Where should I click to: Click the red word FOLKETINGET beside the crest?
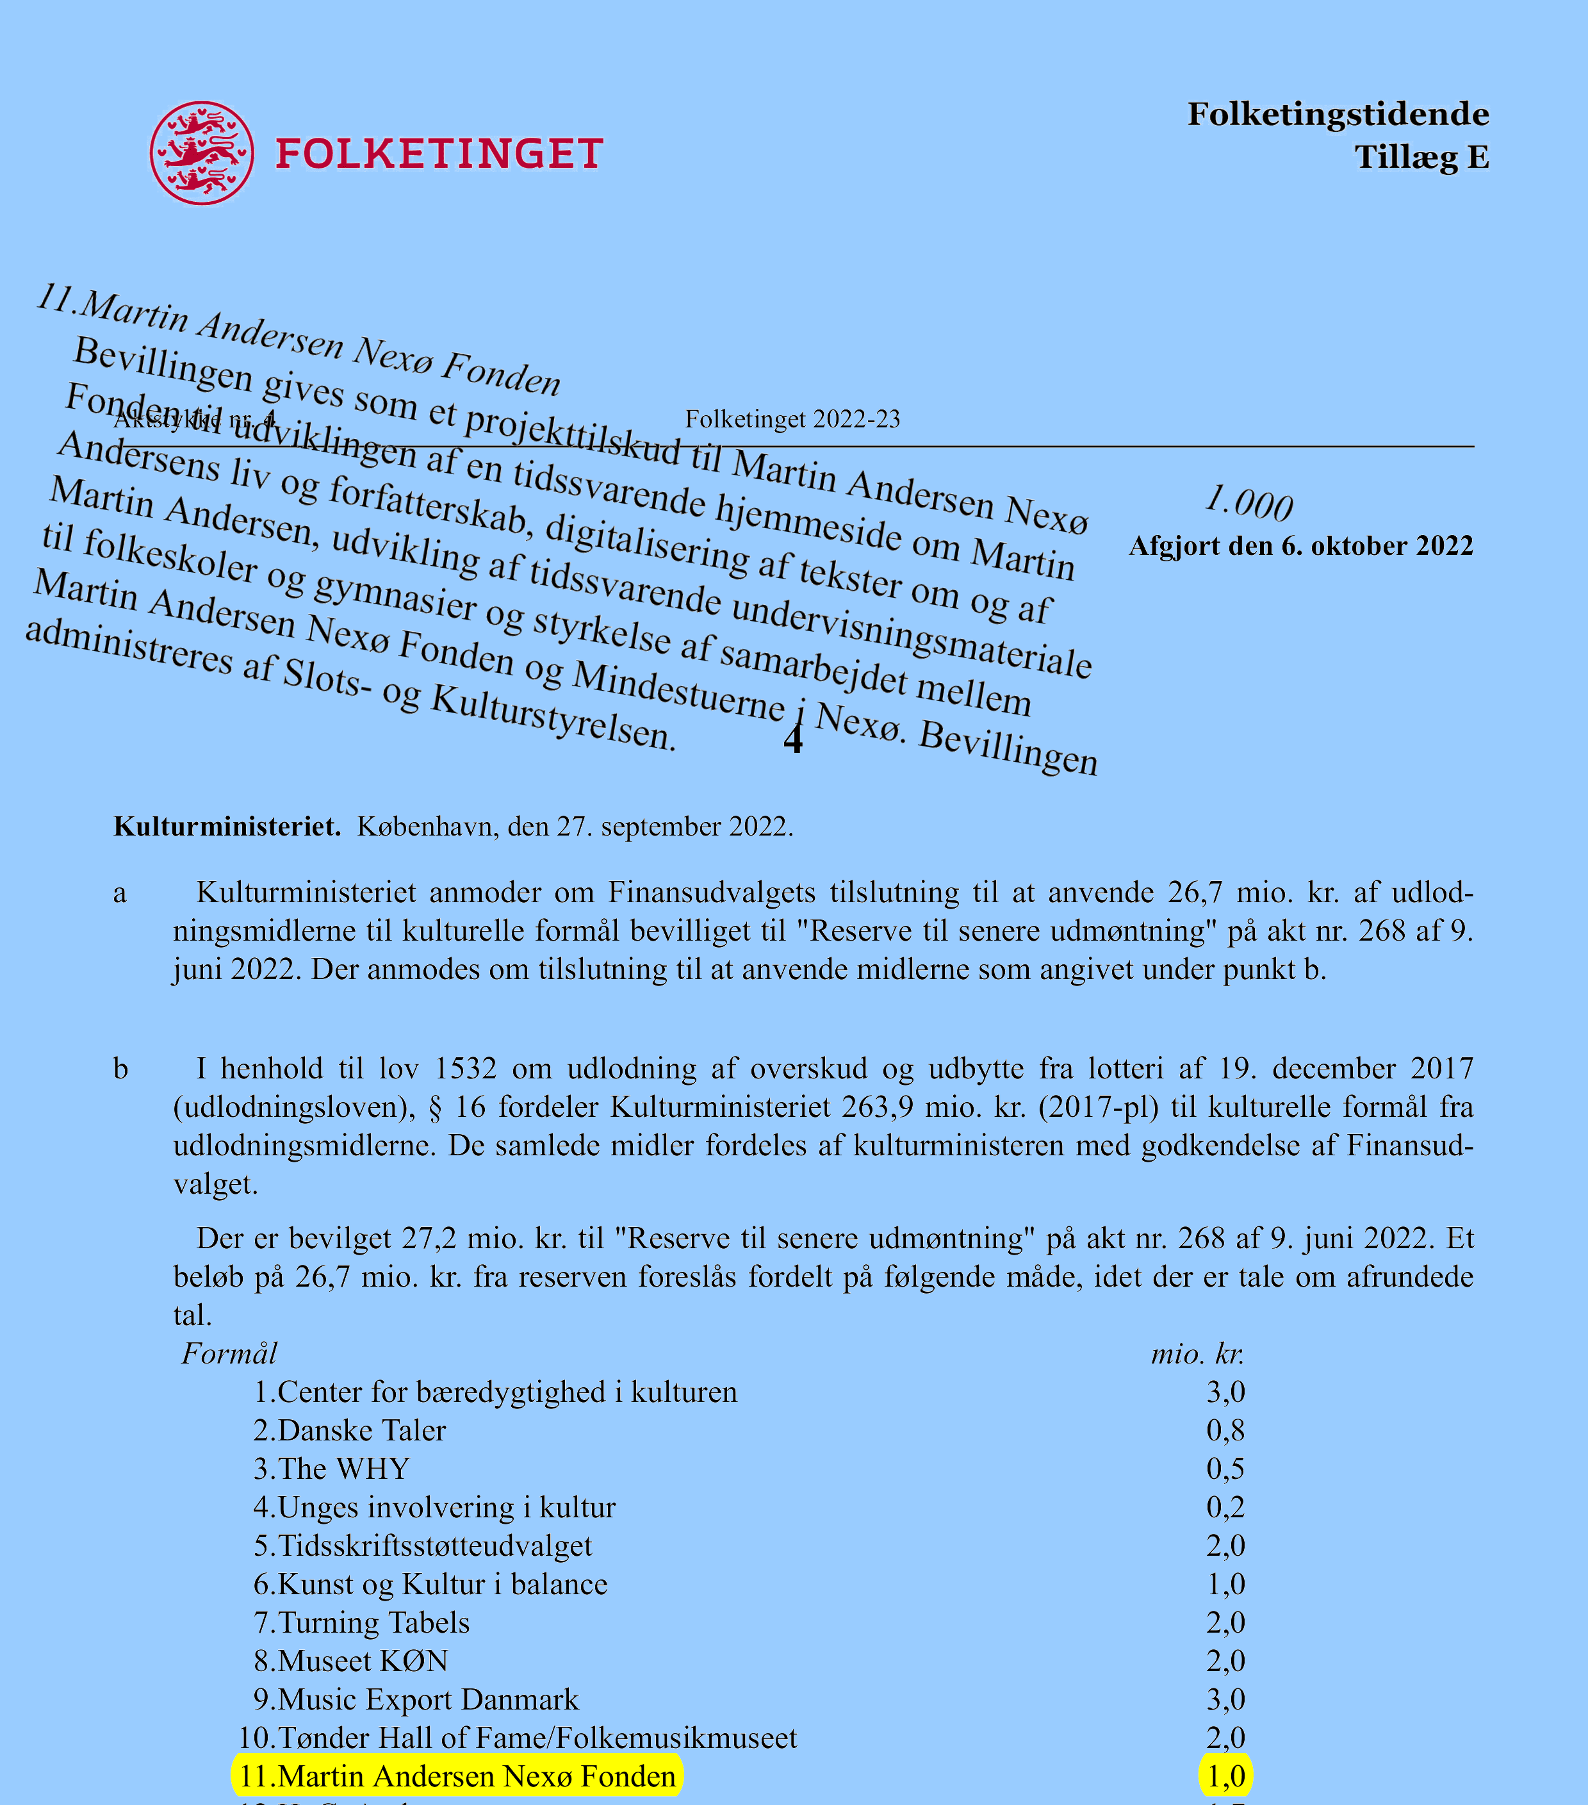[439, 154]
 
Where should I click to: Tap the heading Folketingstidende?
[1338, 115]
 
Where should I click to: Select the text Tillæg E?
[1421, 157]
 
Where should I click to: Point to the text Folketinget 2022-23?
[792, 420]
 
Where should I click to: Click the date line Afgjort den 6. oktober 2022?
[1300, 546]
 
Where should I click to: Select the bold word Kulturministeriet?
[227, 827]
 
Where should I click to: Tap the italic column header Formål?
[229, 1353]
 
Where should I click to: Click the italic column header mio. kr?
[1197, 1353]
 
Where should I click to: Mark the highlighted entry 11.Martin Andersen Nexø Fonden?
[457, 1776]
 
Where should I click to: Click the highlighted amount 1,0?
[1225, 1776]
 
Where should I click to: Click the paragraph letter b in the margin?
[121, 1069]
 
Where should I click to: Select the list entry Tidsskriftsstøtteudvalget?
[423, 1545]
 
